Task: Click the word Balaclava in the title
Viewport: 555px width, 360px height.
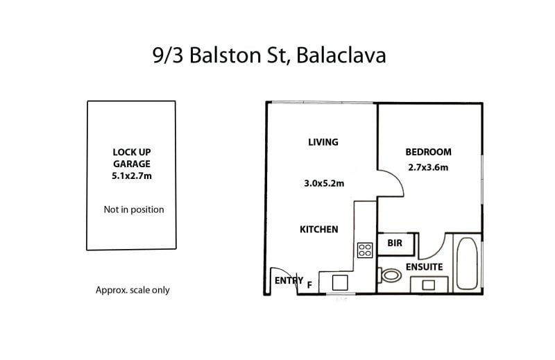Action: pos(341,55)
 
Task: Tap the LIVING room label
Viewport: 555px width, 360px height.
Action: pos(323,142)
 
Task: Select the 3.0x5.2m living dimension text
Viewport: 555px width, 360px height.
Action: pos(324,183)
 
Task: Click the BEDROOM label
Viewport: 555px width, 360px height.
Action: pos(428,152)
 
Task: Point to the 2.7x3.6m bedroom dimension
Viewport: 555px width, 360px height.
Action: pos(428,167)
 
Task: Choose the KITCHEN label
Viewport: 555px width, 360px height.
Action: pos(319,230)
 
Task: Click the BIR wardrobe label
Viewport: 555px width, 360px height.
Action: pos(395,243)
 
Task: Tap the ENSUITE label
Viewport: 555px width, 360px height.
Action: pos(424,267)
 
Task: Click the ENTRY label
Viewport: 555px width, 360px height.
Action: pos(289,280)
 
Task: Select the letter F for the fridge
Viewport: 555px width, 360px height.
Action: pos(309,285)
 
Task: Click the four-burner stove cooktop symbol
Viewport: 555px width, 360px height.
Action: pos(365,250)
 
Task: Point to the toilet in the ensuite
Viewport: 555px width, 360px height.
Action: pos(390,275)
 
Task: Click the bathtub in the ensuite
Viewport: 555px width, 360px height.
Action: pos(467,264)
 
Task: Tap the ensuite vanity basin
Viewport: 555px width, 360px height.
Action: pos(429,285)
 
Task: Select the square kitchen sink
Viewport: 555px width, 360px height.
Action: pos(340,283)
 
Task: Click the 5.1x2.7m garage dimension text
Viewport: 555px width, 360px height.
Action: pos(132,175)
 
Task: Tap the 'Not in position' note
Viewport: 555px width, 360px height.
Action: pos(134,209)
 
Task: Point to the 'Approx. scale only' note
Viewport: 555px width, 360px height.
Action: pos(133,290)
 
